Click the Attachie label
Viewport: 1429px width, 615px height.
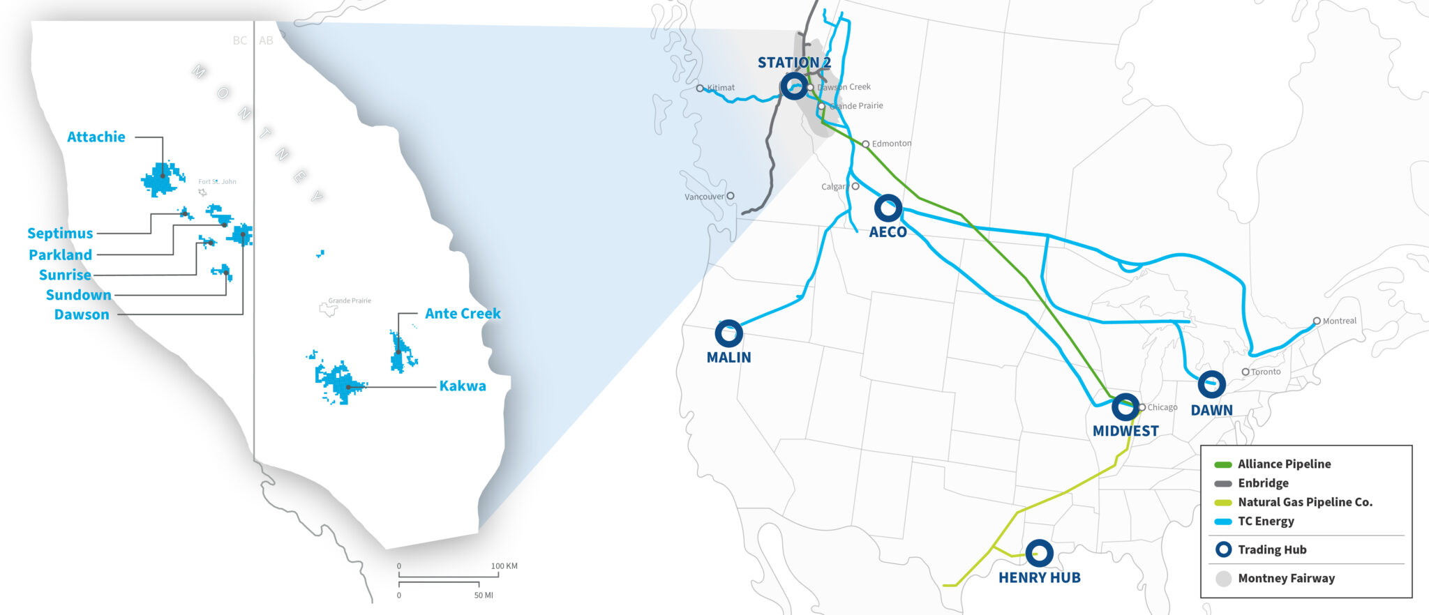point(96,137)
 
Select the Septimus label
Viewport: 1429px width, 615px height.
point(60,234)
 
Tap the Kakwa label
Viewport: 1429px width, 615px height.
point(463,386)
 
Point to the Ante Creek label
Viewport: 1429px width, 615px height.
point(463,314)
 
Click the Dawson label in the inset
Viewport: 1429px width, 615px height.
point(82,314)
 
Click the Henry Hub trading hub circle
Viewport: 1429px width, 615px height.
point(1039,554)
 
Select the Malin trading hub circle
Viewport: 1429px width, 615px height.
point(728,334)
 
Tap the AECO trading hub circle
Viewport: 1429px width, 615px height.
point(888,208)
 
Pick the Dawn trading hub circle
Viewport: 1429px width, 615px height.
point(1211,385)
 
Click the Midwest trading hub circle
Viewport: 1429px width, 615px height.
point(1125,407)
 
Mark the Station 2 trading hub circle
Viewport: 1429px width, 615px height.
point(794,86)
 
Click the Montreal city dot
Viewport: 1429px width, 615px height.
point(1317,321)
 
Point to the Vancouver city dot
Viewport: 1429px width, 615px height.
point(731,196)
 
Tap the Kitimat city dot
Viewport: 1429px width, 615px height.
point(700,89)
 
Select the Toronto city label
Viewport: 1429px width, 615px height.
point(1266,372)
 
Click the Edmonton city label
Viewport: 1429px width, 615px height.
point(892,144)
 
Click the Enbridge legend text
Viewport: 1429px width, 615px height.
point(1263,483)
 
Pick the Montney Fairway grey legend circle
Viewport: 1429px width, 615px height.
point(1223,579)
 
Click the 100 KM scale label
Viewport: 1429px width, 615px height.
point(504,566)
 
